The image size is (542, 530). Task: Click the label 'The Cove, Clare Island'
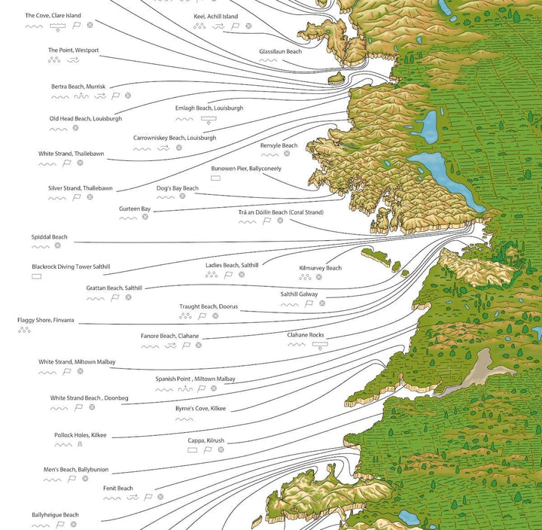(53, 15)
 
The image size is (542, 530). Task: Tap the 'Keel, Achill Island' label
(216, 16)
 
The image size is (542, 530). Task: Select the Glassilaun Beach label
(280, 51)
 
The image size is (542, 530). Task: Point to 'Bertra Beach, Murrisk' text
(78, 87)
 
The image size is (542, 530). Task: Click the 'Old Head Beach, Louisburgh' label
(85, 118)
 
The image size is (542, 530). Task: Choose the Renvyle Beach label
(279, 145)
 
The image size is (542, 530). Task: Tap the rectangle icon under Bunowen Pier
(215, 178)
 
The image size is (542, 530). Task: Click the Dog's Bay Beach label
(177, 188)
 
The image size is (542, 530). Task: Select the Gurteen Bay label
(135, 209)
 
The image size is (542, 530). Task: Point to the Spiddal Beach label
(49, 236)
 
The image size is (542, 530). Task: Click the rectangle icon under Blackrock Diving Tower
(36, 277)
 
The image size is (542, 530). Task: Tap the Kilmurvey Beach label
(320, 268)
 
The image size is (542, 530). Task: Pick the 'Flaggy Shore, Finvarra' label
(46, 320)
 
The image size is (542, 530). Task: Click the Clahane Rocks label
(305, 335)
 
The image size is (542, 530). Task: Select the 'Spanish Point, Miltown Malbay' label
(196, 379)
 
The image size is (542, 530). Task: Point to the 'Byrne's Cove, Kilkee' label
(200, 408)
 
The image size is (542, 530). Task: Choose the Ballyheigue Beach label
(55, 515)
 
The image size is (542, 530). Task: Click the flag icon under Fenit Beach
(148, 498)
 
